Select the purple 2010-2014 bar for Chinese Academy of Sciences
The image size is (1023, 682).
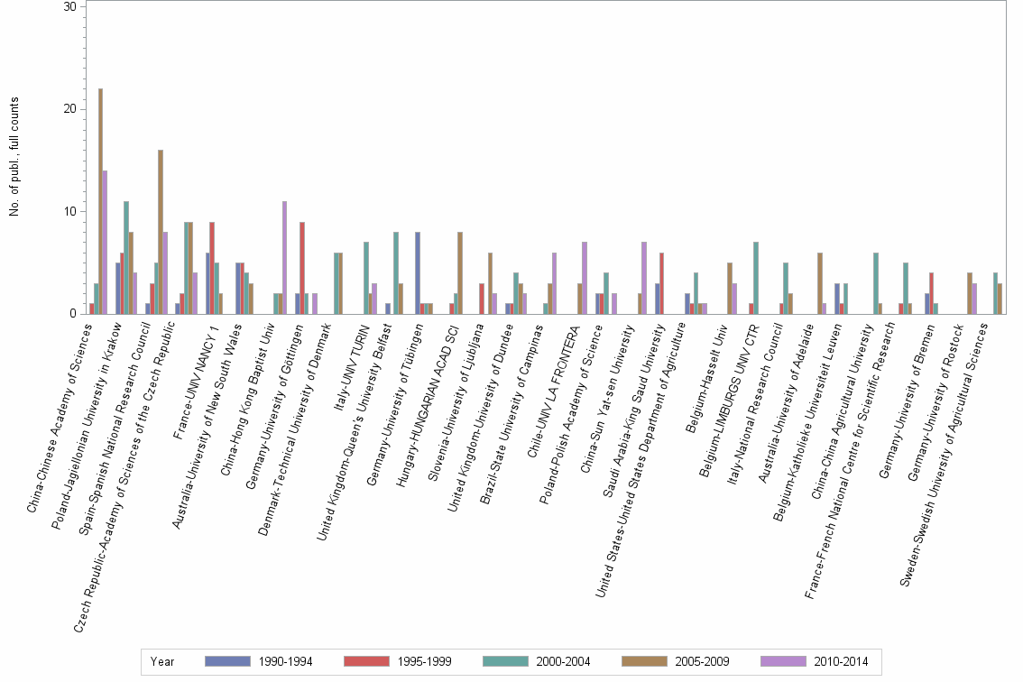[106, 242]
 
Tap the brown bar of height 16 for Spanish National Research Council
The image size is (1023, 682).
[161, 232]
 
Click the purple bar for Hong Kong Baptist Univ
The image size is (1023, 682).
[285, 257]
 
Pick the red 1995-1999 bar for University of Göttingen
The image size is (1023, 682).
[303, 268]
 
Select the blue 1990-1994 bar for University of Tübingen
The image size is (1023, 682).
[418, 272]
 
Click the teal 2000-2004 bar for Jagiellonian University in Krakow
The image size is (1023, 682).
[126, 257]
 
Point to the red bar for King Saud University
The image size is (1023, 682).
[663, 283]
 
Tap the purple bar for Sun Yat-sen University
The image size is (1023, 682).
[644, 278]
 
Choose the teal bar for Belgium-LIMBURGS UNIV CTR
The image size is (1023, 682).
[756, 278]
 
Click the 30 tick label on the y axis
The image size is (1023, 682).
[69, 6]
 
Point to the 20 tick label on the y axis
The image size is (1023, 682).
[69, 109]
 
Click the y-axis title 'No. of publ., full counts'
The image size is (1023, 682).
[14, 161]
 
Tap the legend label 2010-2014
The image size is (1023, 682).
[842, 661]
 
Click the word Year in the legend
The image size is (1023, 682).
[163, 661]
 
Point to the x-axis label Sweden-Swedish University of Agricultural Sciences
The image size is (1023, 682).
[947, 451]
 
